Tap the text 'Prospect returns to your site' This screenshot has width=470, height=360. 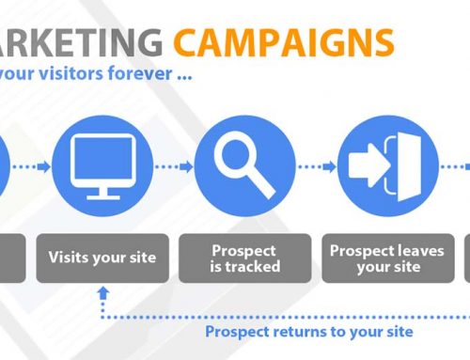[x=309, y=332]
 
